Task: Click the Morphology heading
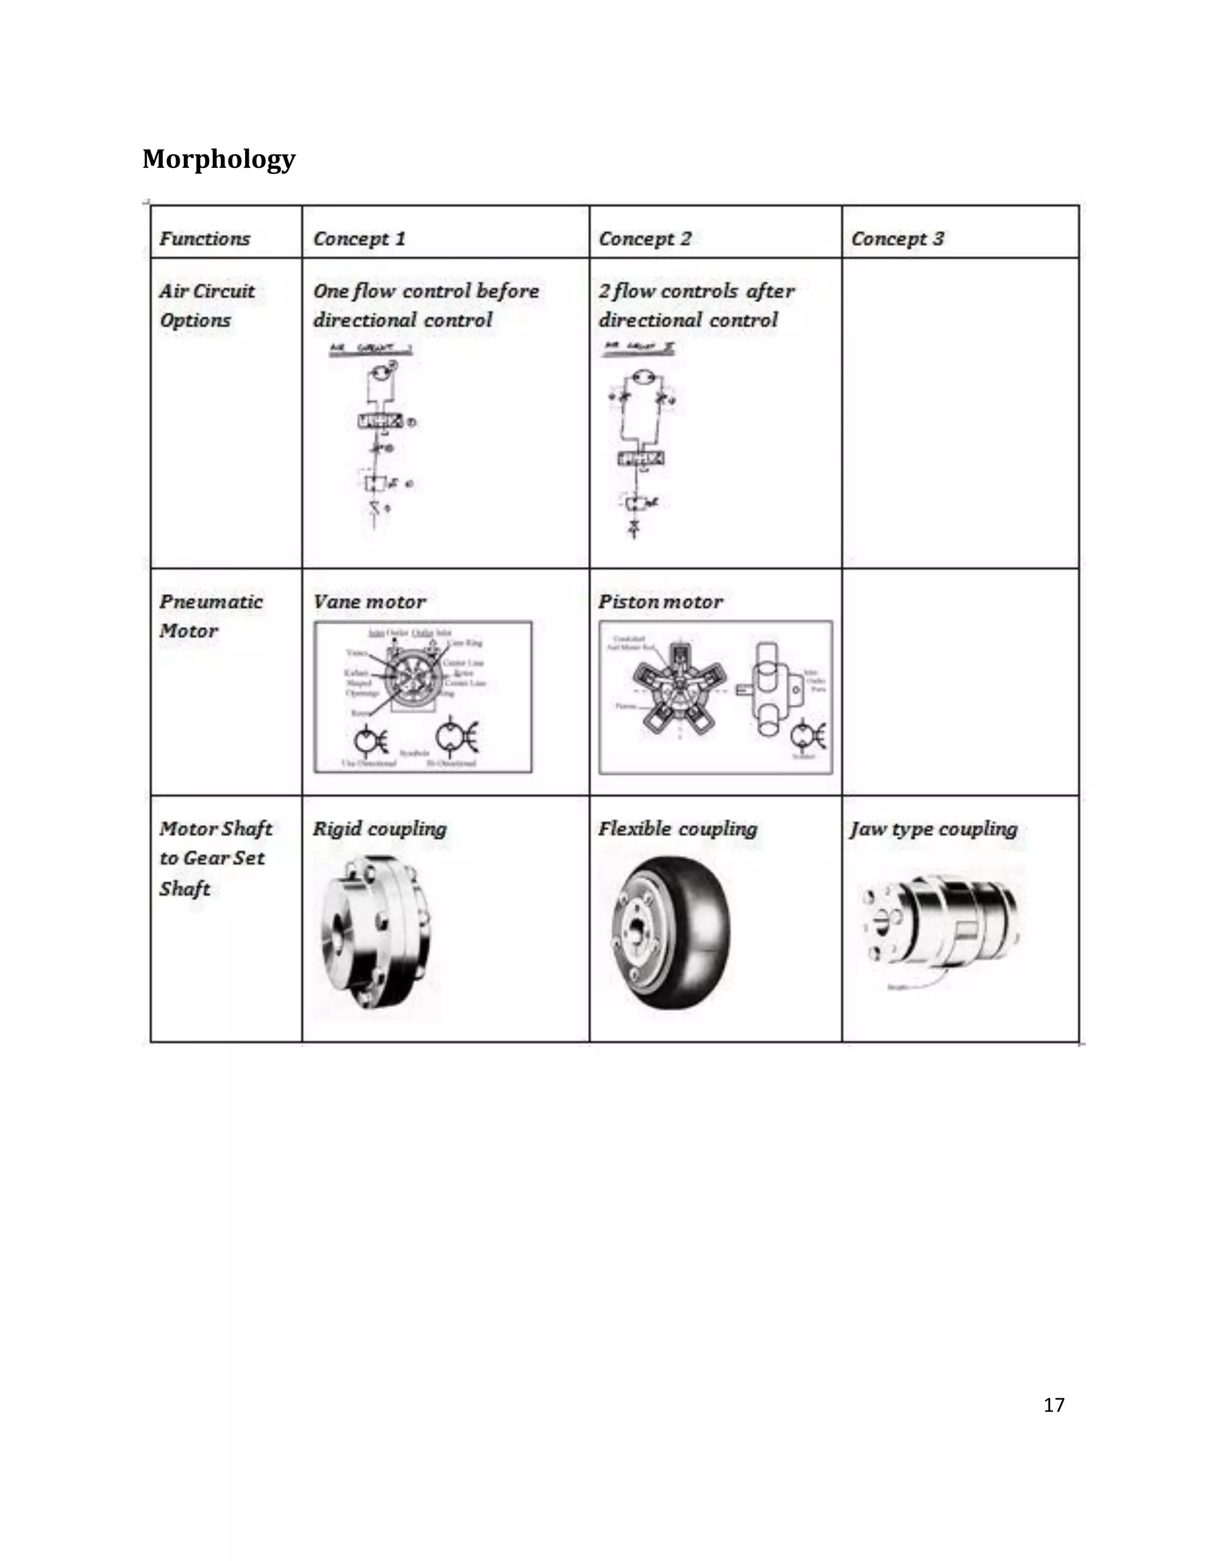pyautogui.click(x=219, y=158)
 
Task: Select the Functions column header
pyautogui.click(x=205, y=239)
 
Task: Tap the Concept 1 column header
pyautogui.click(x=359, y=239)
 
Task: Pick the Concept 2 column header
pyautogui.click(x=645, y=239)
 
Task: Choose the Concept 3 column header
pyautogui.click(x=898, y=239)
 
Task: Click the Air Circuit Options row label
pyautogui.click(x=207, y=305)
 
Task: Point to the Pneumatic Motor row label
pyautogui.click(x=210, y=616)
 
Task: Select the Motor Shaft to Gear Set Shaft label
pyautogui.click(x=215, y=858)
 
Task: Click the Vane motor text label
pyautogui.click(x=369, y=602)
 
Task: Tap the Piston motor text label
pyautogui.click(x=660, y=602)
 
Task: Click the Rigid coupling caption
pyautogui.click(x=379, y=829)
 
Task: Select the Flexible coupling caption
pyautogui.click(x=677, y=829)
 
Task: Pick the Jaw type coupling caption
pyautogui.click(x=933, y=829)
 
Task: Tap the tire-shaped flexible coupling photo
pyautogui.click(x=671, y=932)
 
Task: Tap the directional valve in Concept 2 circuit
pyautogui.click(x=640, y=458)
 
